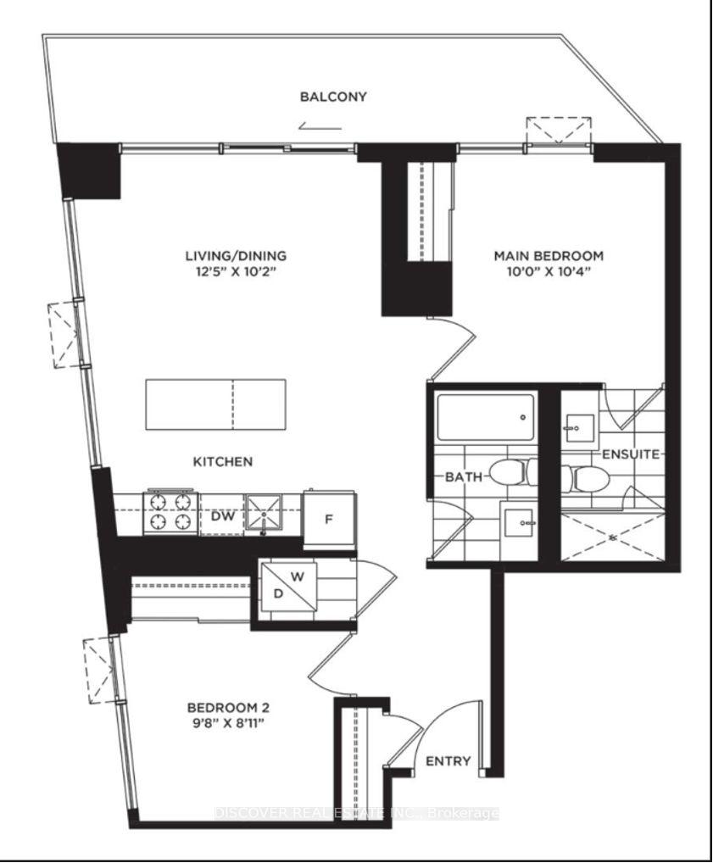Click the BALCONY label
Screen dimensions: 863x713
click(x=333, y=97)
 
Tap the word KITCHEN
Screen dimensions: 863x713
click(x=221, y=462)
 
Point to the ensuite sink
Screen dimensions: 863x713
click(x=580, y=431)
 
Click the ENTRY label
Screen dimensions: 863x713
click(x=448, y=760)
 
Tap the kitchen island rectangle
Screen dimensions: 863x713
click(x=215, y=404)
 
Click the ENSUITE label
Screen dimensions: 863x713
click(x=631, y=454)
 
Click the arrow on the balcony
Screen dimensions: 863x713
click(x=320, y=127)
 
